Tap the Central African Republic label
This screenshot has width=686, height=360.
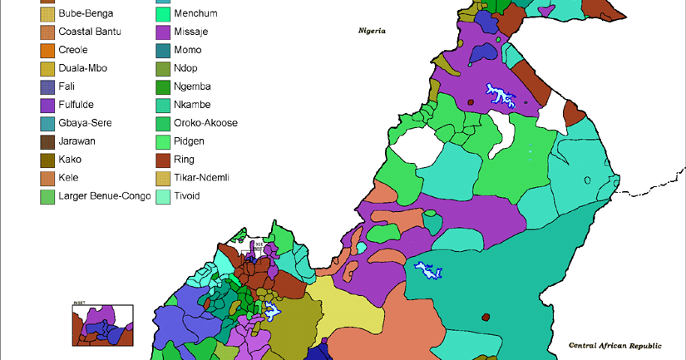(x=614, y=345)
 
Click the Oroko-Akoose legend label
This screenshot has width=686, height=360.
(x=205, y=123)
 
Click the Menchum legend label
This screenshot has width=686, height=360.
(x=196, y=13)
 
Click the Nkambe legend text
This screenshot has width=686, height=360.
(x=192, y=105)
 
